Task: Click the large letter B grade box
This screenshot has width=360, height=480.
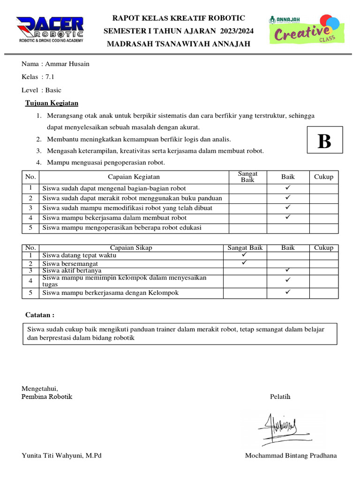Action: (x=324, y=141)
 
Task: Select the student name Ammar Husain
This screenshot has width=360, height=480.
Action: (x=67, y=64)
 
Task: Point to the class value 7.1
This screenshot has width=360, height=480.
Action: (x=50, y=77)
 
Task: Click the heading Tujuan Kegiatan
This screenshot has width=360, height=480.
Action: (x=52, y=103)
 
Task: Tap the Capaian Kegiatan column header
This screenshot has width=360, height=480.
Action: (x=134, y=177)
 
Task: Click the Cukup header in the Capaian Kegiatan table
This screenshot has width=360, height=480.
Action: (x=323, y=177)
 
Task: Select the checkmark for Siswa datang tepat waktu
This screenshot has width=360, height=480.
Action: (x=244, y=255)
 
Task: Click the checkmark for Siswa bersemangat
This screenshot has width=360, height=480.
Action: (x=244, y=263)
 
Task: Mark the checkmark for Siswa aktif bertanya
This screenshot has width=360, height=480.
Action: (x=288, y=270)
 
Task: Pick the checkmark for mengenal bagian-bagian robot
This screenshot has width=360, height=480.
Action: (x=288, y=187)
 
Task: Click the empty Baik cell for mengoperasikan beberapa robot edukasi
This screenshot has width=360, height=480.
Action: (x=288, y=228)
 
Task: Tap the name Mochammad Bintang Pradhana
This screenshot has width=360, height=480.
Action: (x=291, y=456)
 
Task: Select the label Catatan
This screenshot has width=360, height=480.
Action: (x=40, y=315)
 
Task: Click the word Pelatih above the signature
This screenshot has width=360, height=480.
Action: (x=280, y=397)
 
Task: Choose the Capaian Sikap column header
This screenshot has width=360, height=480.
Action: (x=131, y=247)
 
